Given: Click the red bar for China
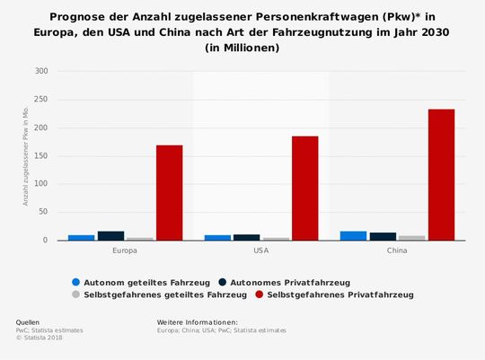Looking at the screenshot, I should pyautogui.click(x=441, y=175).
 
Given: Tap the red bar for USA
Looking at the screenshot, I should pyautogui.click(x=304, y=189).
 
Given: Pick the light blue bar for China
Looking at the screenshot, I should pyautogui.click(x=353, y=236).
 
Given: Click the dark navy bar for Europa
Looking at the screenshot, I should pyautogui.click(x=110, y=236).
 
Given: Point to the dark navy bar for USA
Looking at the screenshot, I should pyautogui.click(x=246, y=238).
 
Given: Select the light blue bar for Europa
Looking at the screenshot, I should pyautogui.click(x=82, y=238).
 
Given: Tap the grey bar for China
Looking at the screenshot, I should pyautogui.click(x=411, y=238).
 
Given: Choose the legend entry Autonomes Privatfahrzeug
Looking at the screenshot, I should pyautogui.click(x=296, y=281).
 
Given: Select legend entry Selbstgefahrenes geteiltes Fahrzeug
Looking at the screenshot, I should pyautogui.click(x=160, y=294).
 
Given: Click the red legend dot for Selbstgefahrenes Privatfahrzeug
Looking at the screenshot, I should pyautogui.click(x=259, y=294).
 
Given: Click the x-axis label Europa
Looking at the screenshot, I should pyautogui.click(x=126, y=250).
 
